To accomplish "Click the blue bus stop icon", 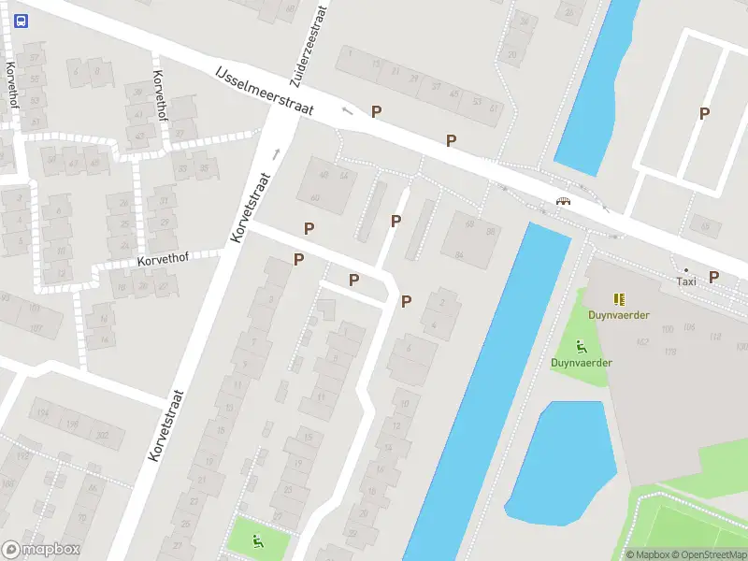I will point(22,19).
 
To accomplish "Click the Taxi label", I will point(686,280).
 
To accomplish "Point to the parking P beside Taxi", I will point(714,277).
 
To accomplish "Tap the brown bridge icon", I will point(563,202).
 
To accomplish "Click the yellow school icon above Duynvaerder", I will point(618,299).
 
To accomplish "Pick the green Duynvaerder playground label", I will point(581,362).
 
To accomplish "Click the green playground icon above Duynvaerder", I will point(581,345).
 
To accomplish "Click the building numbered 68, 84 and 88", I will point(473,238).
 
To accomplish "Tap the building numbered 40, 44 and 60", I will point(327,184).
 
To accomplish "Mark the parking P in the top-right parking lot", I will point(705,114).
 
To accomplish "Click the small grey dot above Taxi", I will point(686,269).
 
